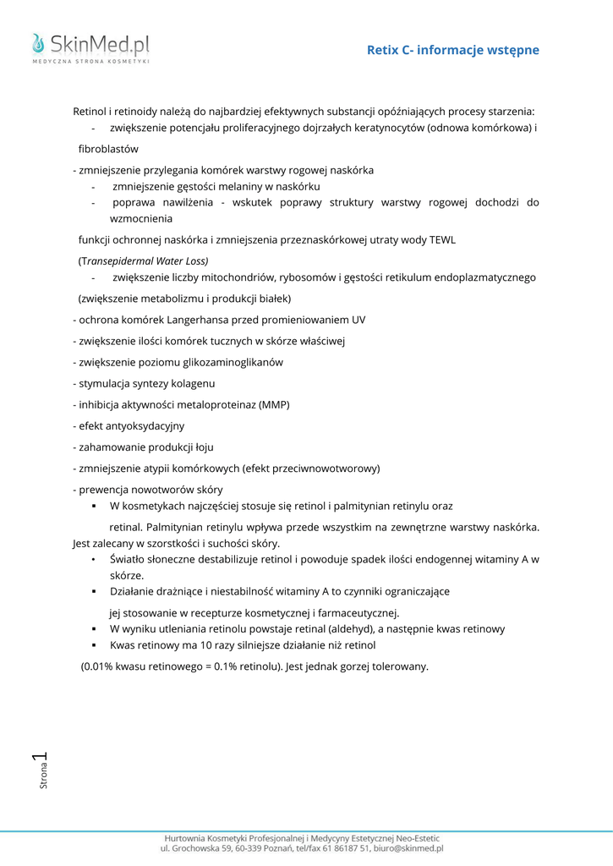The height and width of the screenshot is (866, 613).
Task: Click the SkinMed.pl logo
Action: click(x=90, y=47)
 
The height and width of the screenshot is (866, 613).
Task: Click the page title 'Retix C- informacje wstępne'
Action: click(x=452, y=50)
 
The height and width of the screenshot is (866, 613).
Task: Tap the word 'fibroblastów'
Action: click(x=108, y=149)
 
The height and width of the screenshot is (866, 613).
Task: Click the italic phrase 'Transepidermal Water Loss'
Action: click(x=145, y=260)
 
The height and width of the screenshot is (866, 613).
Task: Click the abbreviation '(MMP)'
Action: click(x=274, y=404)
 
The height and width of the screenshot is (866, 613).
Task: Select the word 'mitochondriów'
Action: click(x=233, y=277)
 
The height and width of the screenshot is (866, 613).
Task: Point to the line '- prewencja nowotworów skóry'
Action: click(x=148, y=490)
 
